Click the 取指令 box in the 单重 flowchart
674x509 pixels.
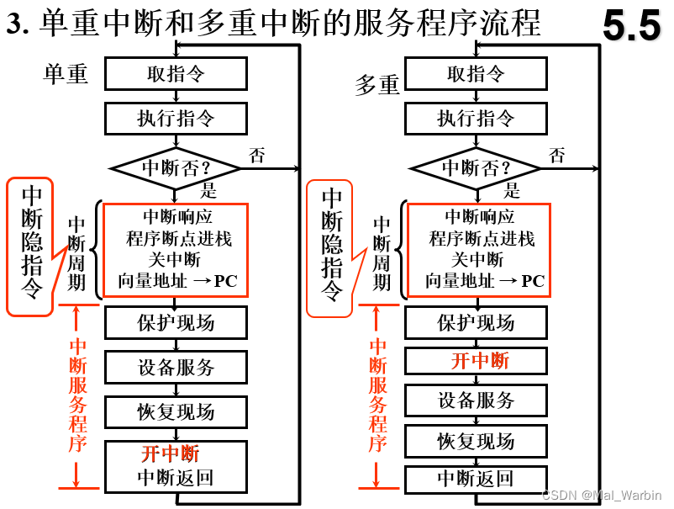click(176, 74)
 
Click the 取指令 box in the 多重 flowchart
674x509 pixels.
click(476, 74)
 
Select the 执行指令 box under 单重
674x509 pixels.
click(176, 118)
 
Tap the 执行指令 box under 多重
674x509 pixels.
click(476, 118)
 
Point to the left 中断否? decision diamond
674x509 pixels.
click(176, 167)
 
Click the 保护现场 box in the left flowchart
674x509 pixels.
click(176, 323)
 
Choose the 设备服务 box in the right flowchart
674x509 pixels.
click(476, 400)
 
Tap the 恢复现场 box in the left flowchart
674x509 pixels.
click(176, 412)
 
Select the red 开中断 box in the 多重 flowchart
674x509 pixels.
click(476, 361)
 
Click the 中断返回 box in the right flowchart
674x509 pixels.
click(476, 479)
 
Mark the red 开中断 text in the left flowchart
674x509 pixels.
click(171, 454)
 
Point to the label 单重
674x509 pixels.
click(66, 74)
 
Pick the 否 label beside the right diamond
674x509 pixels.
click(557, 155)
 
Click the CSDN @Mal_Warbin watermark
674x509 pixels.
click(601, 496)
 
